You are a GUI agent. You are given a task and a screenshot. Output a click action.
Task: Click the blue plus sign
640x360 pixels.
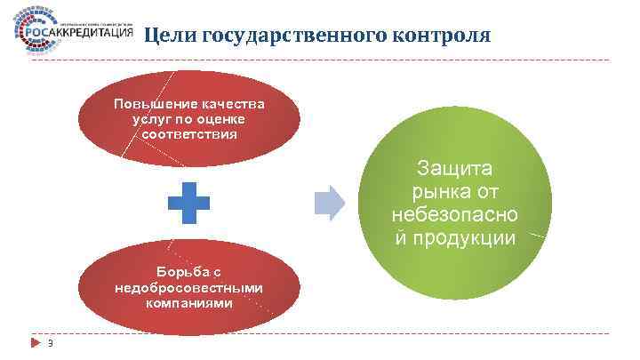[189, 204]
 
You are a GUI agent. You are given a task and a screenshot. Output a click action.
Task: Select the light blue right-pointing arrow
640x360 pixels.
[329, 204]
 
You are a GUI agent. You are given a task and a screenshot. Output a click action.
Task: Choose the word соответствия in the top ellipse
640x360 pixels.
[188, 134]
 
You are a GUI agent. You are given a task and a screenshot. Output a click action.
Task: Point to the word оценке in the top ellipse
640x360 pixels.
[219, 119]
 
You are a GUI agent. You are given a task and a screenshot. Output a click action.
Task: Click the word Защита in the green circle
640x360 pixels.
[456, 169]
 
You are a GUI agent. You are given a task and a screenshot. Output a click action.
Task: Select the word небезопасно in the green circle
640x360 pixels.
[456, 215]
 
